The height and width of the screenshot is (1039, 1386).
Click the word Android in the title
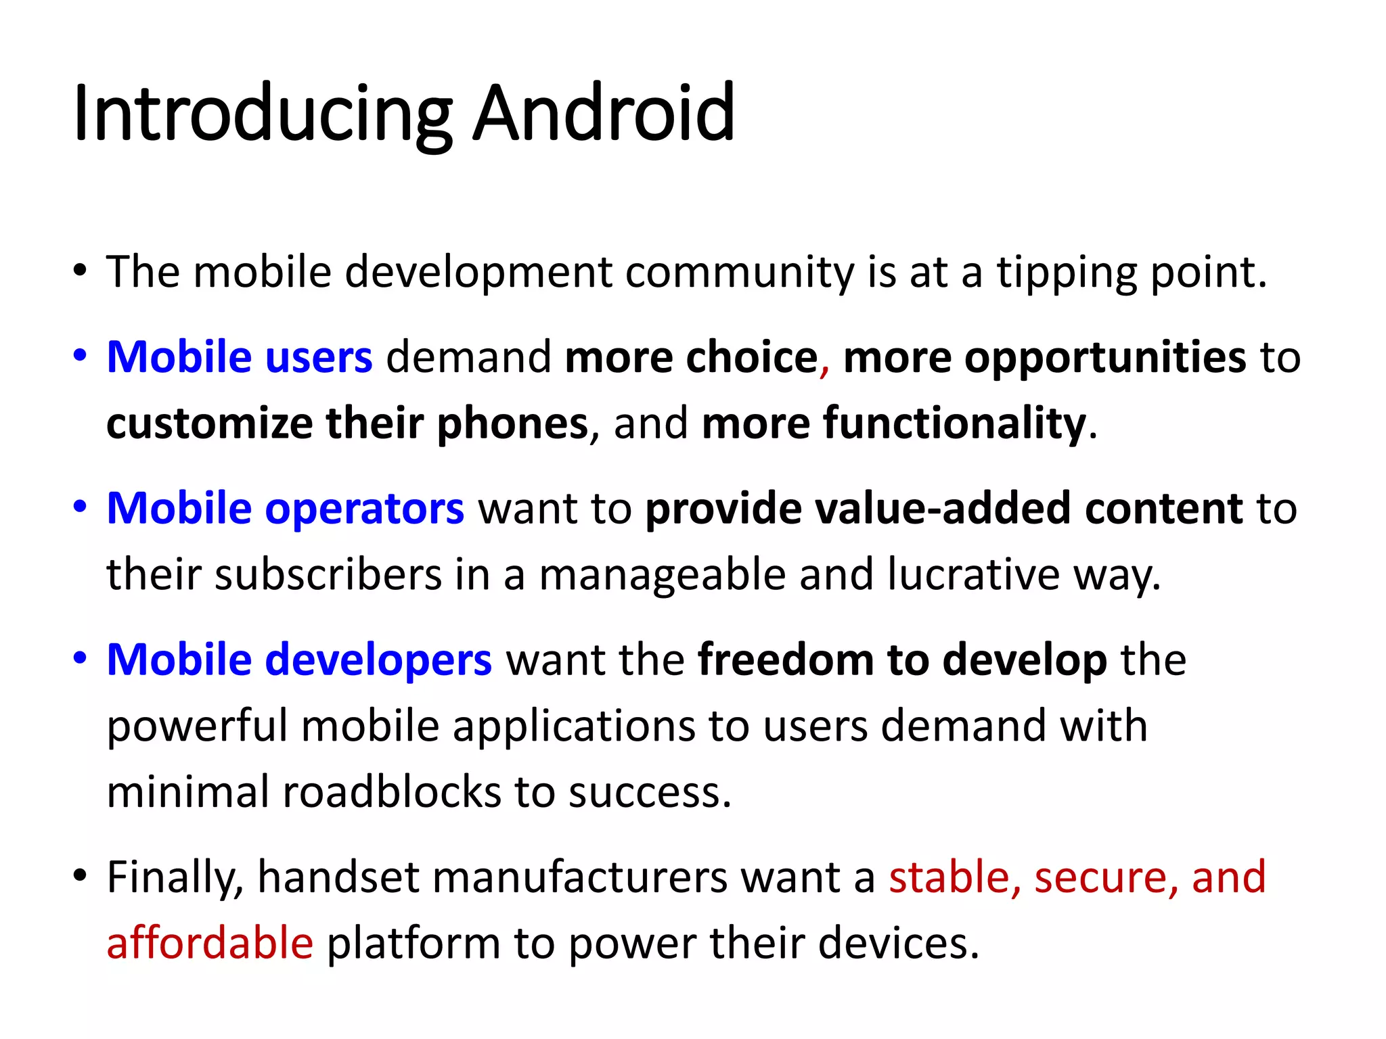click(603, 113)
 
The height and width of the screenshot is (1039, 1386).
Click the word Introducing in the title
click(263, 113)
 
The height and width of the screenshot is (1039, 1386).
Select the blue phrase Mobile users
click(240, 357)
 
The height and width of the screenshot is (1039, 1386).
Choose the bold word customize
click(209, 423)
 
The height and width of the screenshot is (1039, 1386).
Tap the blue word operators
click(365, 509)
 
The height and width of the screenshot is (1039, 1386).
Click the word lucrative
click(974, 575)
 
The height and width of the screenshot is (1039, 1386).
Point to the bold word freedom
click(786, 660)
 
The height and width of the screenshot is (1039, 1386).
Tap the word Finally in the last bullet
click(175, 877)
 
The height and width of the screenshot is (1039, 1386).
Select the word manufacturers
click(580, 877)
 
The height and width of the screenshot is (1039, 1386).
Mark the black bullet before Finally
click(81, 875)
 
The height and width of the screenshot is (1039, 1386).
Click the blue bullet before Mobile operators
click(81, 507)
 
